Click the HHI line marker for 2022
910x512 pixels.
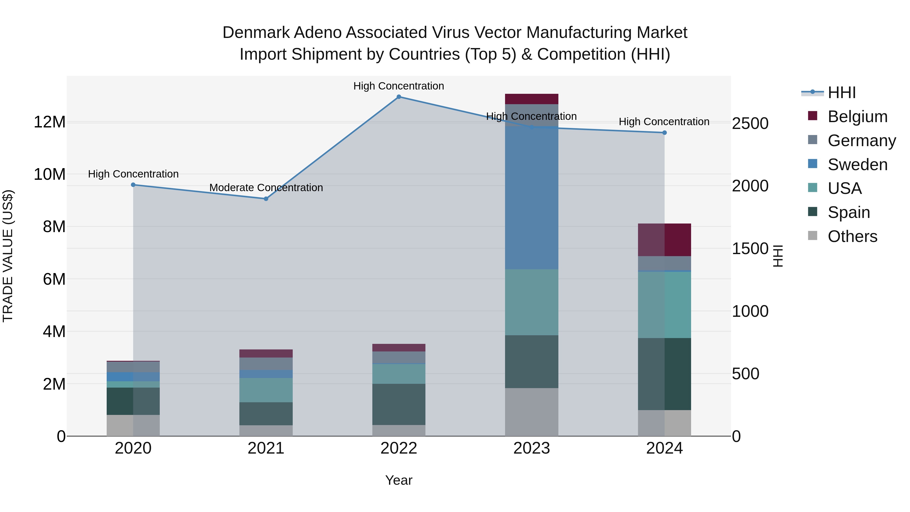point(399,97)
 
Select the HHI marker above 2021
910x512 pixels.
point(266,199)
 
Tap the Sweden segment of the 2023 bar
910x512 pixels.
point(531,198)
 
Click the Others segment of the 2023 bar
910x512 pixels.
point(531,412)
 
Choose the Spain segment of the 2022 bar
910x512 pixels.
point(399,404)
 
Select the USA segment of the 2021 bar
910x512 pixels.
point(266,390)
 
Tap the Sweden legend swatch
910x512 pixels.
point(812,164)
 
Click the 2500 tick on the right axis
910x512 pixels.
point(750,124)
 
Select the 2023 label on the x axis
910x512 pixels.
point(531,448)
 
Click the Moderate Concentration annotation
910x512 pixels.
point(266,188)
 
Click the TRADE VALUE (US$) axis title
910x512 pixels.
point(8,256)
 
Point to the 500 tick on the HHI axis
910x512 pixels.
point(745,374)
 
